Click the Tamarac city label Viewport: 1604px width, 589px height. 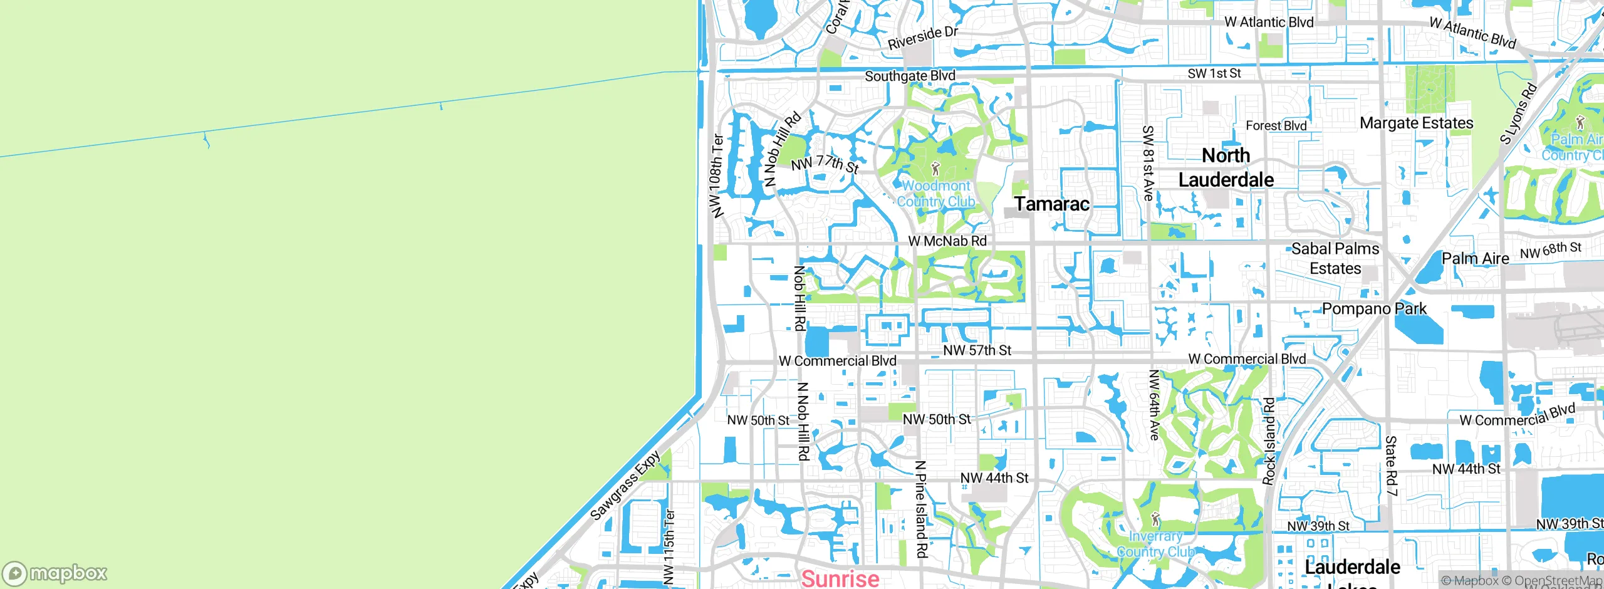(x=1051, y=204)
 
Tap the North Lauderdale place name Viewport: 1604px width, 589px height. (x=1226, y=167)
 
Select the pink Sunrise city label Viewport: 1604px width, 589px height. (x=840, y=578)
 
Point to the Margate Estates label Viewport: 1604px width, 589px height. (x=1416, y=123)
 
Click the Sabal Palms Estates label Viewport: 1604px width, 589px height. (x=1335, y=258)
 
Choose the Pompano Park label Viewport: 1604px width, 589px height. (x=1374, y=308)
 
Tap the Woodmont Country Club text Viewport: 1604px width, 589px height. (x=936, y=194)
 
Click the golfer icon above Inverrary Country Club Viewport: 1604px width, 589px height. (x=1156, y=519)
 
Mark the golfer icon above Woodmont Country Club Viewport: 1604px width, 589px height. (x=936, y=169)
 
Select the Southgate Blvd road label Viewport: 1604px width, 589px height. (x=910, y=76)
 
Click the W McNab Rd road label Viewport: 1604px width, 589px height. (x=947, y=241)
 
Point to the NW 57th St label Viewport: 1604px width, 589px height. (x=977, y=350)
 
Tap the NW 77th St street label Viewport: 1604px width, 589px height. (x=825, y=164)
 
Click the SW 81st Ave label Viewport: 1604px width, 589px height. (x=1148, y=163)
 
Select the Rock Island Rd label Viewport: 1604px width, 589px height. (x=1269, y=441)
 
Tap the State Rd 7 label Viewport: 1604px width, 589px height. (x=1391, y=466)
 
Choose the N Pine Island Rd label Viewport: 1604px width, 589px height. (x=920, y=509)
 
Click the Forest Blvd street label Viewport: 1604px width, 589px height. (x=1276, y=125)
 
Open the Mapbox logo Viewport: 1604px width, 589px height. (x=55, y=573)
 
